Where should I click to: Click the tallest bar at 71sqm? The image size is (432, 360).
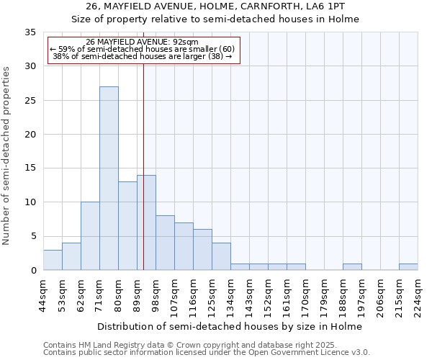(x=109, y=179)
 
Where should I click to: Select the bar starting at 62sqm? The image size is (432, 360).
(x=90, y=236)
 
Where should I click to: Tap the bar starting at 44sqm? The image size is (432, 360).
(x=53, y=260)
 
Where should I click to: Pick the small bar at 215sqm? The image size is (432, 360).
(x=408, y=267)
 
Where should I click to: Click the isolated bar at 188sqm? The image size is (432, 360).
(x=352, y=267)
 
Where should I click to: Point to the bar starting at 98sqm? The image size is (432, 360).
(x=165, y=243)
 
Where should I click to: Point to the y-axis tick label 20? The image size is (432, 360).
(x=30, y=135)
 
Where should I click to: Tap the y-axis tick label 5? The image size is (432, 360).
(x=33, y=236)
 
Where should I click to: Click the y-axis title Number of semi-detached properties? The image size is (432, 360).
(x=7, y=156)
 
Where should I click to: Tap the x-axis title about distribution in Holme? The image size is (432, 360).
(x=230, y=326)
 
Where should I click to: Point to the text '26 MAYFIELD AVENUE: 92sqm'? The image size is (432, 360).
(x=142, y=42)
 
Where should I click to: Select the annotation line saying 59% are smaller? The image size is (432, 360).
(x=142, y=49)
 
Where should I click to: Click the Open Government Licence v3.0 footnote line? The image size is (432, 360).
(x=206, y=353)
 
